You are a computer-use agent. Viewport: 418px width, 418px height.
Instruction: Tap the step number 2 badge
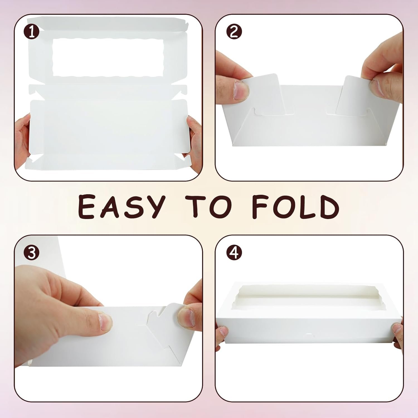coord(234,32)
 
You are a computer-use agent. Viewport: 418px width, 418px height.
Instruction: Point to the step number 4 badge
coord(234,253)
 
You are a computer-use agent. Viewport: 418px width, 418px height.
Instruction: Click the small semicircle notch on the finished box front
coord(308,334)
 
